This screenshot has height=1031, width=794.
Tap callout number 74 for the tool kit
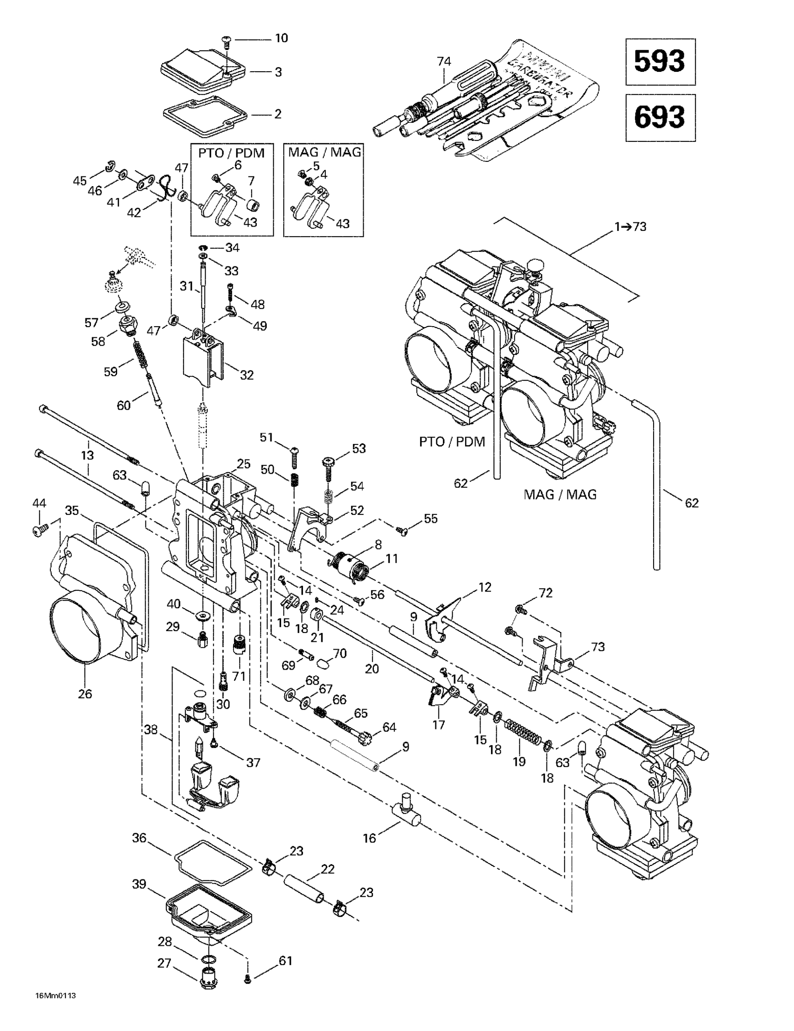pos(444,62)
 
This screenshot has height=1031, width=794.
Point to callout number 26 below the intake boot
pos(85,694)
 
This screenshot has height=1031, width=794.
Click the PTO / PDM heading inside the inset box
pos(231,153)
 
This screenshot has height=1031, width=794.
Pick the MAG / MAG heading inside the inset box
pos(324,152)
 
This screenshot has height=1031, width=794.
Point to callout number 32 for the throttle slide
pos(247,375)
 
